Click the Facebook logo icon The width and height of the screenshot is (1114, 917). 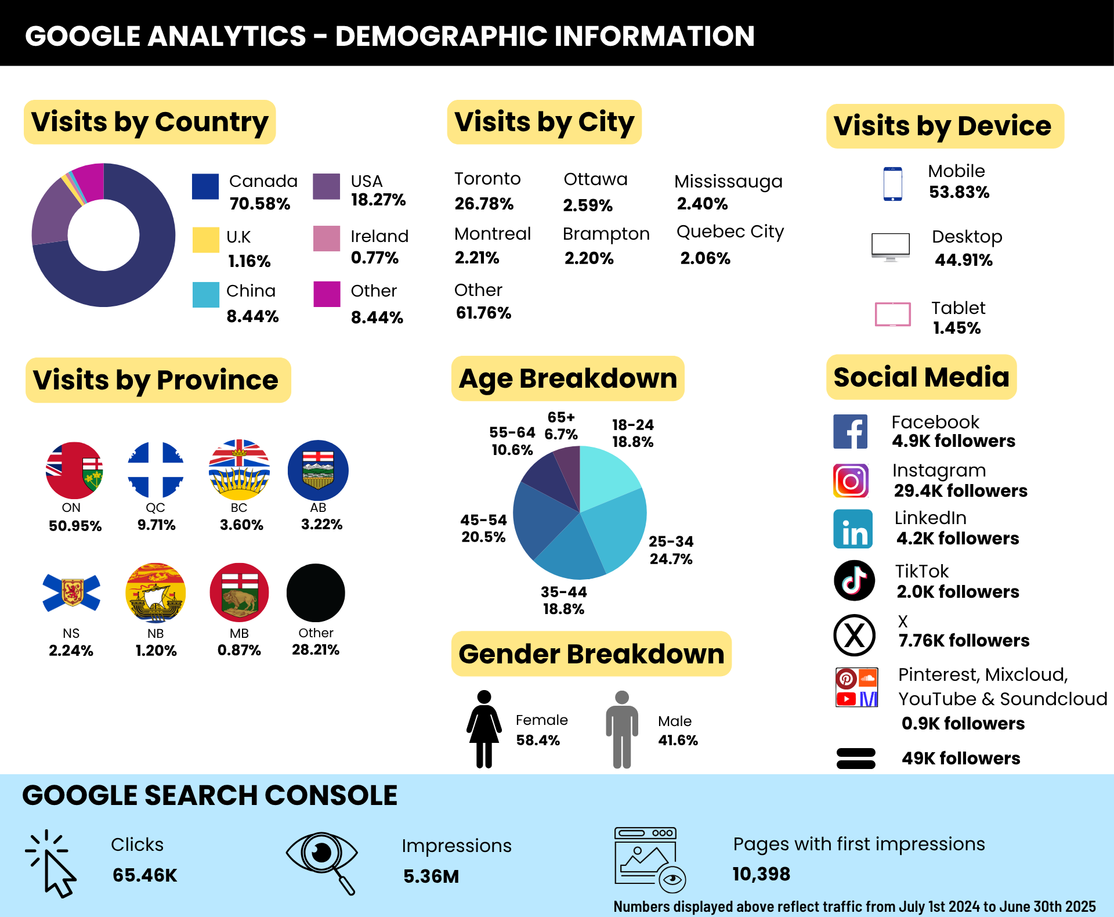(850, 431)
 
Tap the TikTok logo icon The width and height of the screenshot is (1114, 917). (854, 580)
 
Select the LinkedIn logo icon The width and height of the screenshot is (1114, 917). (853, 529)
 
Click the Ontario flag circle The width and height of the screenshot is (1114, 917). (74, 470)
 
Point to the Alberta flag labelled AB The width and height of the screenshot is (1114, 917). (318, 470)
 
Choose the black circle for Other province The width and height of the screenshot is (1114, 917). (316, 593)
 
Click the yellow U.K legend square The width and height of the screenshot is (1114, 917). (205, 240)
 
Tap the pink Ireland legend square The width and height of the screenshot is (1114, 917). (327, 239)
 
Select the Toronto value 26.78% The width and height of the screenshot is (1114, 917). (484, 204)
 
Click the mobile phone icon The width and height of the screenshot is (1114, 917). (892, 184)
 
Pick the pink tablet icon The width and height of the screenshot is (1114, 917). (892, 314)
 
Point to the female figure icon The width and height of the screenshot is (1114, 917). (484, 729)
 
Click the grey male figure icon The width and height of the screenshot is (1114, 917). (622, 730)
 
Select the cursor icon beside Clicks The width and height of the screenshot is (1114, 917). (51, 864)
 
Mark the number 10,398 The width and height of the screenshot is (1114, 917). (761, 874)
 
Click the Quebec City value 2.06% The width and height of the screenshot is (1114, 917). (705, 258)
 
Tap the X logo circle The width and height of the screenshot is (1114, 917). (854, 635)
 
